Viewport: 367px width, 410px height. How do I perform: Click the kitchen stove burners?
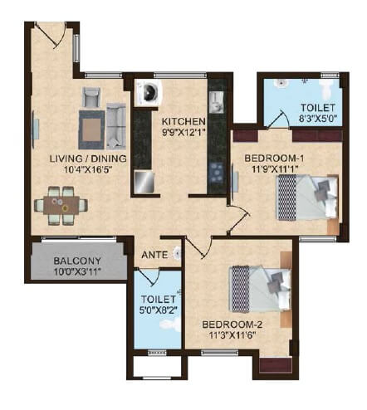click(x=217, y=172)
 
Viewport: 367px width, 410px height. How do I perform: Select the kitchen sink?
click(x=216, y=101)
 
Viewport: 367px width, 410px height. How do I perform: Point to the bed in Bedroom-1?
click(x=306, y=198)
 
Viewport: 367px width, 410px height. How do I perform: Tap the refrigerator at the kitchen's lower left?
click(x=144, y=182)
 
